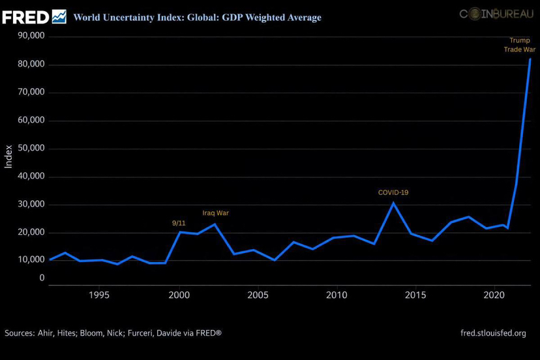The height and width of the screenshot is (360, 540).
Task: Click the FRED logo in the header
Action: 34,16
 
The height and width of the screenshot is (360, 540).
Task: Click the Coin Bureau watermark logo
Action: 496,13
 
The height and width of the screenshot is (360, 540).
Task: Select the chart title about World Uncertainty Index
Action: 197,18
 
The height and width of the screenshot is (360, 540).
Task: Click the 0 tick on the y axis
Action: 41,278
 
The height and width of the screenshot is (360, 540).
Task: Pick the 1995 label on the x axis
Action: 99,294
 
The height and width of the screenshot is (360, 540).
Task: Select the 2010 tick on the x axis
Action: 336,294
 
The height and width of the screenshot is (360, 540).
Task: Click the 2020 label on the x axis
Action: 494,294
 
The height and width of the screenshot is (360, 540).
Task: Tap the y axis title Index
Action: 8,157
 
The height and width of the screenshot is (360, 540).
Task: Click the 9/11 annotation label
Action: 179,223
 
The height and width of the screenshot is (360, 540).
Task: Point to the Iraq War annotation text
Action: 215,213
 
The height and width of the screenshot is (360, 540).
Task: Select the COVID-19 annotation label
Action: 393,192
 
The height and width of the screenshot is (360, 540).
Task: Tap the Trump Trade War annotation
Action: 519,44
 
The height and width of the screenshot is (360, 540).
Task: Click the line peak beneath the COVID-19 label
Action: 393,203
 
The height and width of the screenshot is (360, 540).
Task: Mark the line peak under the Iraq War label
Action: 215,224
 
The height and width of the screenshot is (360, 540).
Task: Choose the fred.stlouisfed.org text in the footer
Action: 493,333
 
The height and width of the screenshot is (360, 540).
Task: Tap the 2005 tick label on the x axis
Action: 257,294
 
